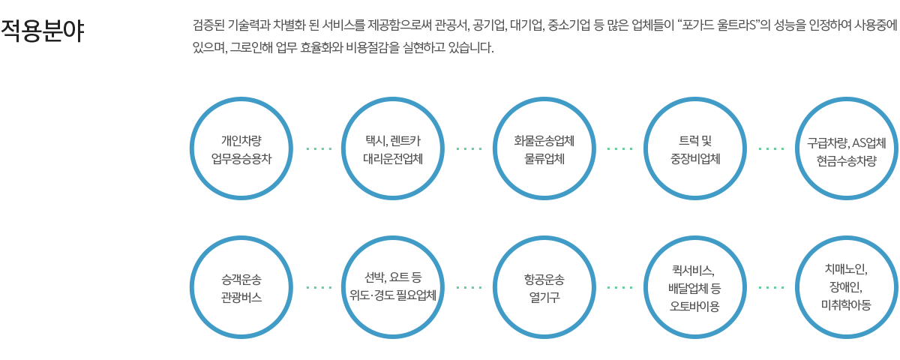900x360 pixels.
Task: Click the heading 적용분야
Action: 43,31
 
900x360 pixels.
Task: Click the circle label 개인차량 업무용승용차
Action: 241,149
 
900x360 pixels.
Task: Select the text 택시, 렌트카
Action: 392,141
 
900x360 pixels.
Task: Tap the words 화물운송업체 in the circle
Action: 544,141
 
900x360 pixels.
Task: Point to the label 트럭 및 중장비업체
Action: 695,149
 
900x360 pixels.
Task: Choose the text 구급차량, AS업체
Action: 847,142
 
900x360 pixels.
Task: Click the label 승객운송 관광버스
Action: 241,288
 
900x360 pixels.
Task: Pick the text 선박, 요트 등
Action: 392,277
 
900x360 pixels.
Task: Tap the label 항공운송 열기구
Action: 544,288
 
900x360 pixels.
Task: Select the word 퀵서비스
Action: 694,271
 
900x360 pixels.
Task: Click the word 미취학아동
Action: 846,305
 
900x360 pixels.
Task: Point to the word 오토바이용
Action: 694,306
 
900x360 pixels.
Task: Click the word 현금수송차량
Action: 847,160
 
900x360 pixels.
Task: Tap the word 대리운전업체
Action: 393,159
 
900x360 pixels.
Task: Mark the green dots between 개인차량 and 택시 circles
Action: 319,148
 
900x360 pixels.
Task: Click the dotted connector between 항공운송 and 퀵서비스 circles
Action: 620,287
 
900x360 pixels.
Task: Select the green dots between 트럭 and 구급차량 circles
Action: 772,148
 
